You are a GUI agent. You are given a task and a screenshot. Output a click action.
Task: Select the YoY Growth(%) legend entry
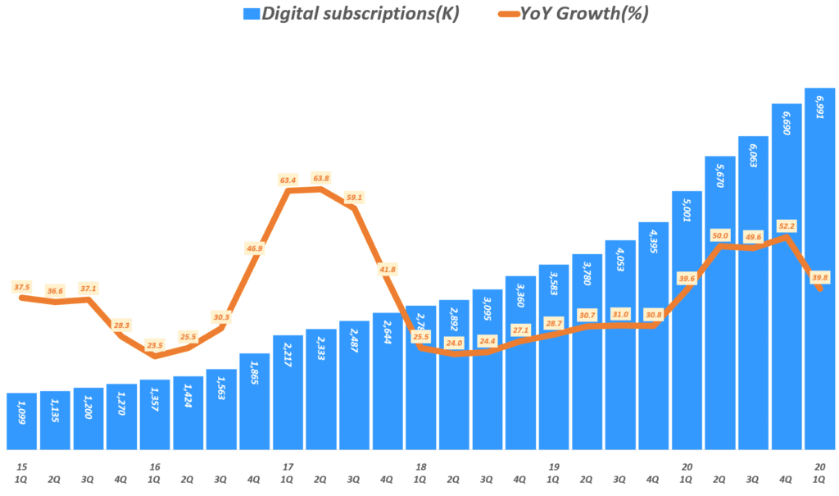[x=574, y=14]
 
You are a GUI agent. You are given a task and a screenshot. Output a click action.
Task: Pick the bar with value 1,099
[x=21, y=421]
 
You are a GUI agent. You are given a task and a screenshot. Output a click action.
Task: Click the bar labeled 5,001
[x=687, y=320]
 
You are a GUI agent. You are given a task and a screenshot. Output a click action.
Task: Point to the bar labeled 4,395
[x=653, y=335]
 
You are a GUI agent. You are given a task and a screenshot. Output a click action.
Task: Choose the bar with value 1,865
[x=254, y=401]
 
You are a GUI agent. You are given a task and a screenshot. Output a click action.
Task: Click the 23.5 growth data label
[x=155, y=345]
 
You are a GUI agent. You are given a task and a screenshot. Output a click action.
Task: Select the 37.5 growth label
[x=21, y=287]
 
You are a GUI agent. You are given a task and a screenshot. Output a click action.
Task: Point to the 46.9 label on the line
[x=254, y=248]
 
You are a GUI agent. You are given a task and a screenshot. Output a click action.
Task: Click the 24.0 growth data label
[x=455, y=343]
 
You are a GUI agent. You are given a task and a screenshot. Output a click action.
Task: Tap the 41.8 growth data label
[x=388, y=269]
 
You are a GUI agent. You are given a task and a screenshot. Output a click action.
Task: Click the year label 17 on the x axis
[x=288, y=466]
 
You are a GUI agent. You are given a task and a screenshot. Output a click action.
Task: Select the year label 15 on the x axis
[x=21, y=466]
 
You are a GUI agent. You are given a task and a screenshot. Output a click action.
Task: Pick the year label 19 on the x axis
[x=554, y=466]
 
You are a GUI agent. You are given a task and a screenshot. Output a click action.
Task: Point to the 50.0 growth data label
[x=720, y=234]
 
